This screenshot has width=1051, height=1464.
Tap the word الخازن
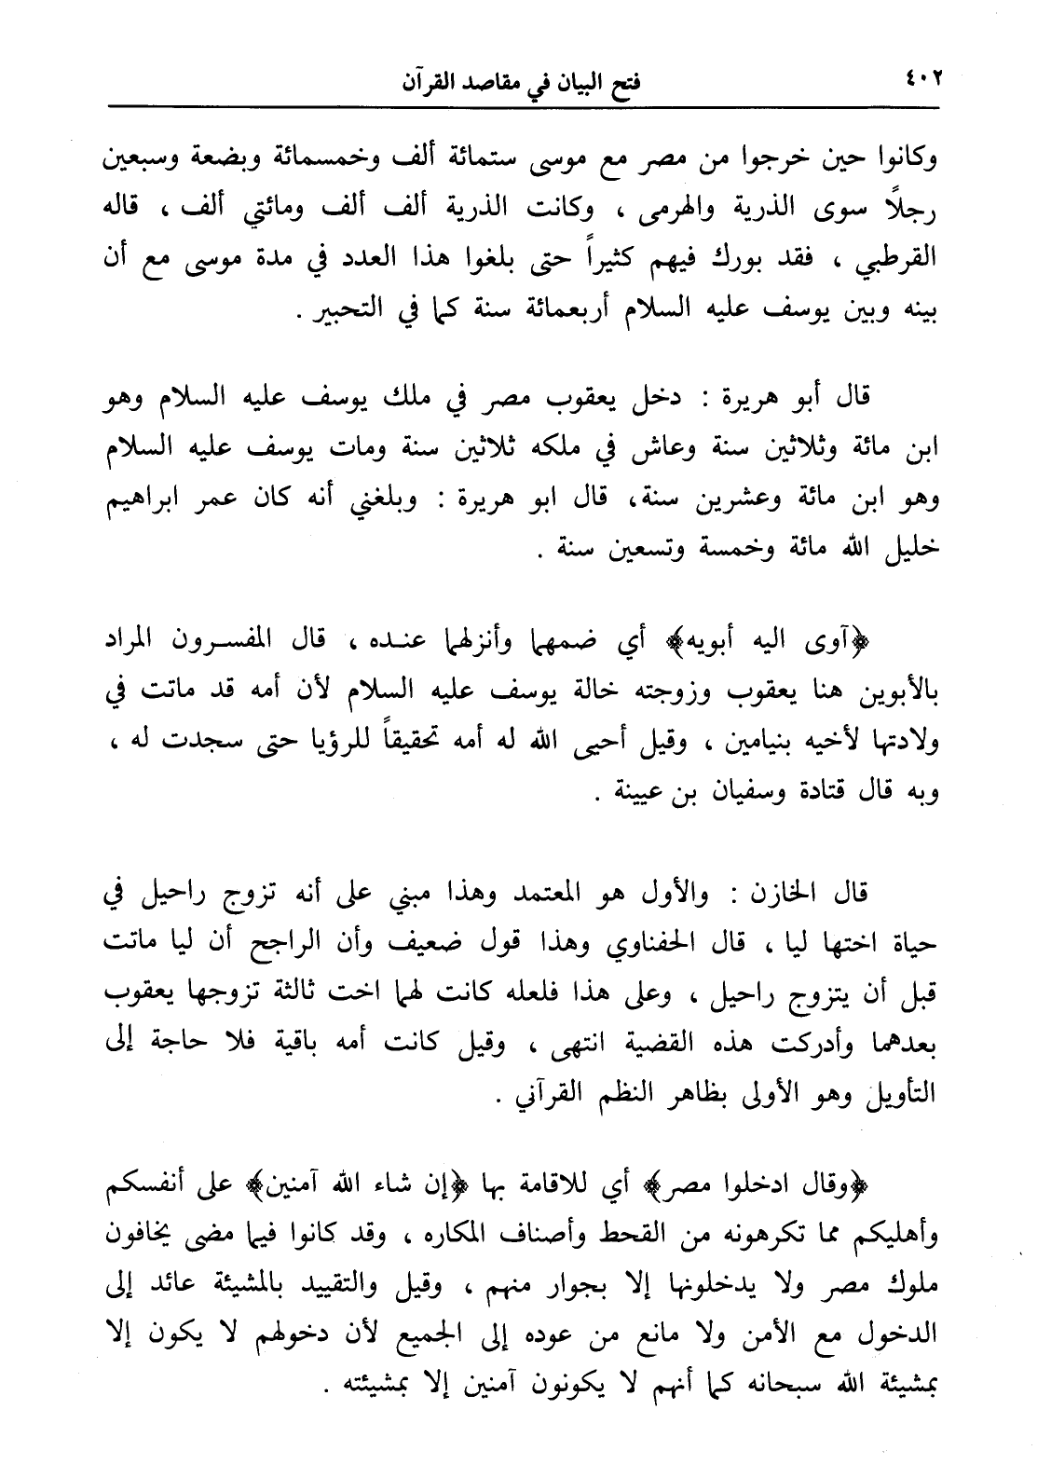pyautogui.click(x=780, y=896)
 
